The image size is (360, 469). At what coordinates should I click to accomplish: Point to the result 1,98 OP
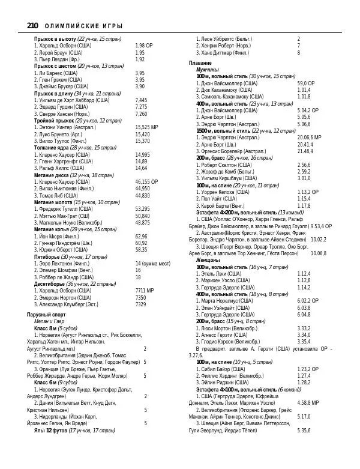click(144, 46)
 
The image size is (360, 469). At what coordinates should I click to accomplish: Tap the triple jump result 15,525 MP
click(146, 127)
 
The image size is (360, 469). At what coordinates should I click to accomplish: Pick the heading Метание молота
click(55, 202)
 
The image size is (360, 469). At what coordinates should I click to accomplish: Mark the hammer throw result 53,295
click(143, 209)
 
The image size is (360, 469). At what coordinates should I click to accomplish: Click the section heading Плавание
click(200, 63)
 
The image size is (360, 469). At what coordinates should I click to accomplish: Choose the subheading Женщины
click(209, 260)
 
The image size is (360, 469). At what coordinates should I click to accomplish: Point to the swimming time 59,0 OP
click(306, 83)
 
